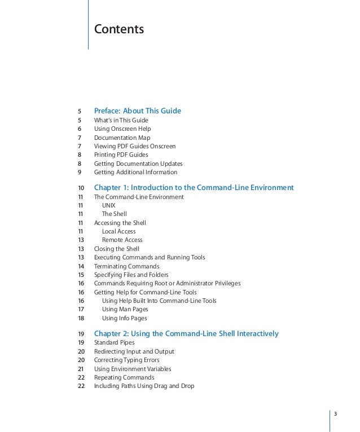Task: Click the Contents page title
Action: click(x=118, y=28)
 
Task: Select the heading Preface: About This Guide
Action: click(x=137, y=111)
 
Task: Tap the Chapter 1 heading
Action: click(x=194, y=187)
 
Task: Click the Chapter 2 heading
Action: click(x=186, y=334)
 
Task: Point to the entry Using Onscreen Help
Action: click(x=122, y=129)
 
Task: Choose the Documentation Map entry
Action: click(x=122, y=138)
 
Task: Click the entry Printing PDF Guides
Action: click(x=121, y=155)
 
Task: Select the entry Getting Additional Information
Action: click(x=135, y=172)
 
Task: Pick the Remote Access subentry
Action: click(x=122, y=240)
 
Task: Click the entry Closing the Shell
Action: click(x=116, y=249)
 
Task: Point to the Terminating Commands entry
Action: click(x=126, y=266)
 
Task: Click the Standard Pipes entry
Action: click(x=115, y=343)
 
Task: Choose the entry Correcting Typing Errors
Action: click(x=126, y=360)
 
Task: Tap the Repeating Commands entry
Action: click(x=124, y=377)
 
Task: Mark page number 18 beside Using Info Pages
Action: click(x=81, y=318)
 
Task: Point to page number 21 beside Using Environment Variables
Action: click(x=81, y=369)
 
